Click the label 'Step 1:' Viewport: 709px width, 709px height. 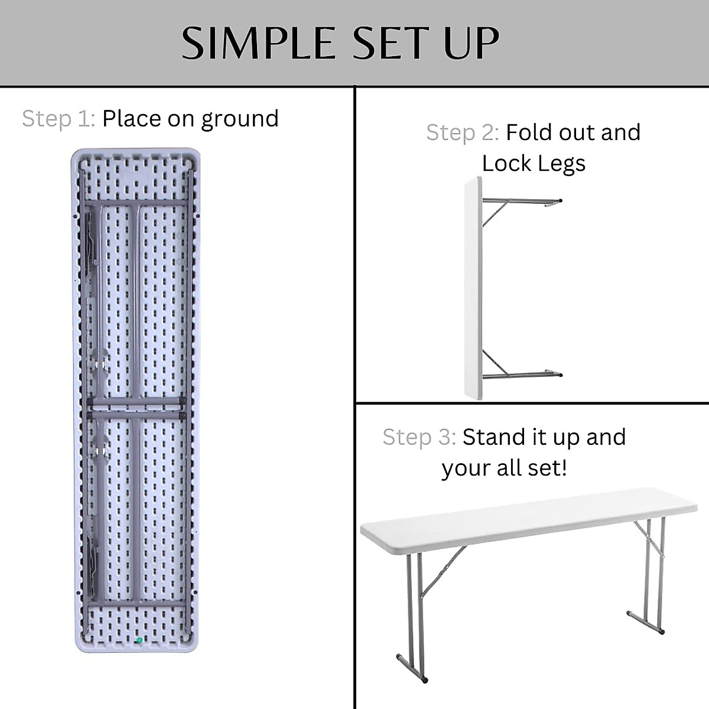58,119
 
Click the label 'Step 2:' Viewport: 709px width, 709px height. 463,133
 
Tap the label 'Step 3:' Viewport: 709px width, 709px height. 419,437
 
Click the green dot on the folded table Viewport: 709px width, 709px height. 139,640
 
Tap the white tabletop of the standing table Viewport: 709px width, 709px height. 526,514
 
